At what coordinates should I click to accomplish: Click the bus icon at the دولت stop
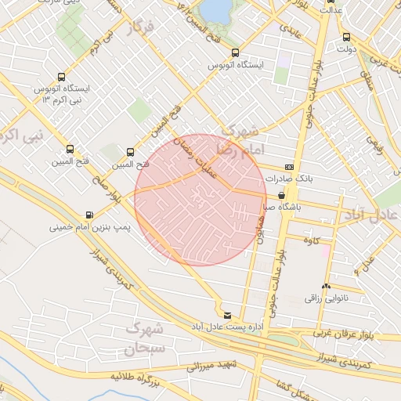(346, 37)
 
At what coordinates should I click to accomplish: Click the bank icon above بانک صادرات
(290, 168)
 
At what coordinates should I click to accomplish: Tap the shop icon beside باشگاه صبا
(282, 196)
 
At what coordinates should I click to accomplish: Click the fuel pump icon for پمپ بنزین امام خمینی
(89, 215)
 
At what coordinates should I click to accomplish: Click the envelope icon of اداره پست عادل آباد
(227, 315)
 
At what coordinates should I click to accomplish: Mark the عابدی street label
(287, 30)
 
